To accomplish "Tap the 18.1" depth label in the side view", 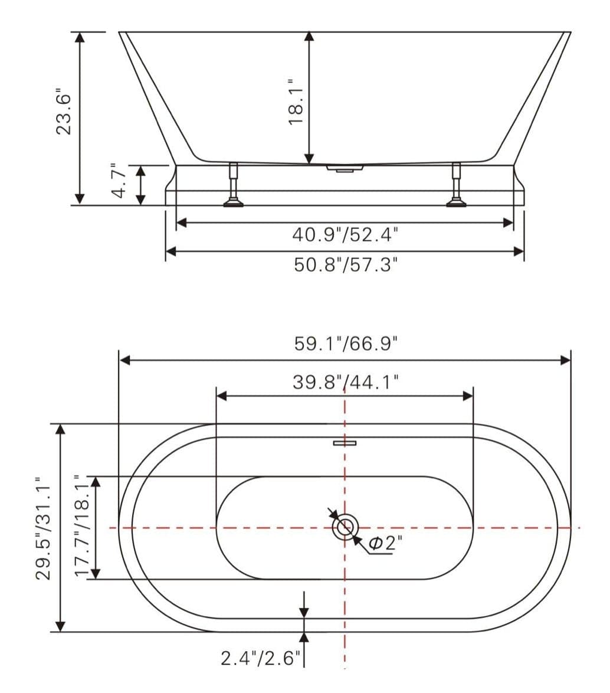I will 296,101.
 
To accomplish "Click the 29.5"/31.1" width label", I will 45,528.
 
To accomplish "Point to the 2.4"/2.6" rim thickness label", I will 260,658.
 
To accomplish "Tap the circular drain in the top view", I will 345,527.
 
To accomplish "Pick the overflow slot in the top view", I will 345,443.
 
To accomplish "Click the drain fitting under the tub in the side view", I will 345,169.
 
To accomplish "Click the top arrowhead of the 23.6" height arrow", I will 81,37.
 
